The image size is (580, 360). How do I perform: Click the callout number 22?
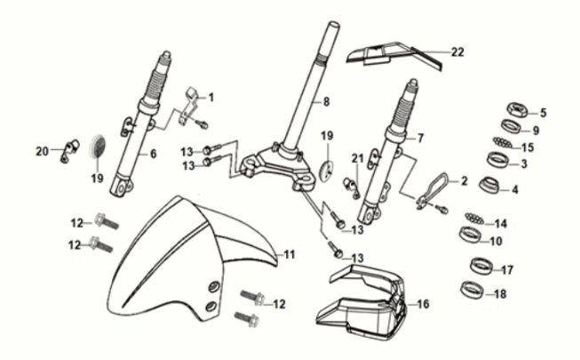pos(457,52)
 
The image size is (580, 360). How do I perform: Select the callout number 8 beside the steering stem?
pos(327,101)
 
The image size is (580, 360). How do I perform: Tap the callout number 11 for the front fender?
pos(289,255)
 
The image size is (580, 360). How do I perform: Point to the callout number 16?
pos(423,304)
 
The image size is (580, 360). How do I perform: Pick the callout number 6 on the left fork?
pos(153,154)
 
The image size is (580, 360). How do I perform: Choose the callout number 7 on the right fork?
pos(421,138)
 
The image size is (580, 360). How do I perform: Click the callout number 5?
pos(544,113)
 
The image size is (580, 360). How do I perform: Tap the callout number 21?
pos(358,158)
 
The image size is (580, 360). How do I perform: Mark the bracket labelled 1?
pos(190,102)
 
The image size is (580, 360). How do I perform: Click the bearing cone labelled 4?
pos(490,187)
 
